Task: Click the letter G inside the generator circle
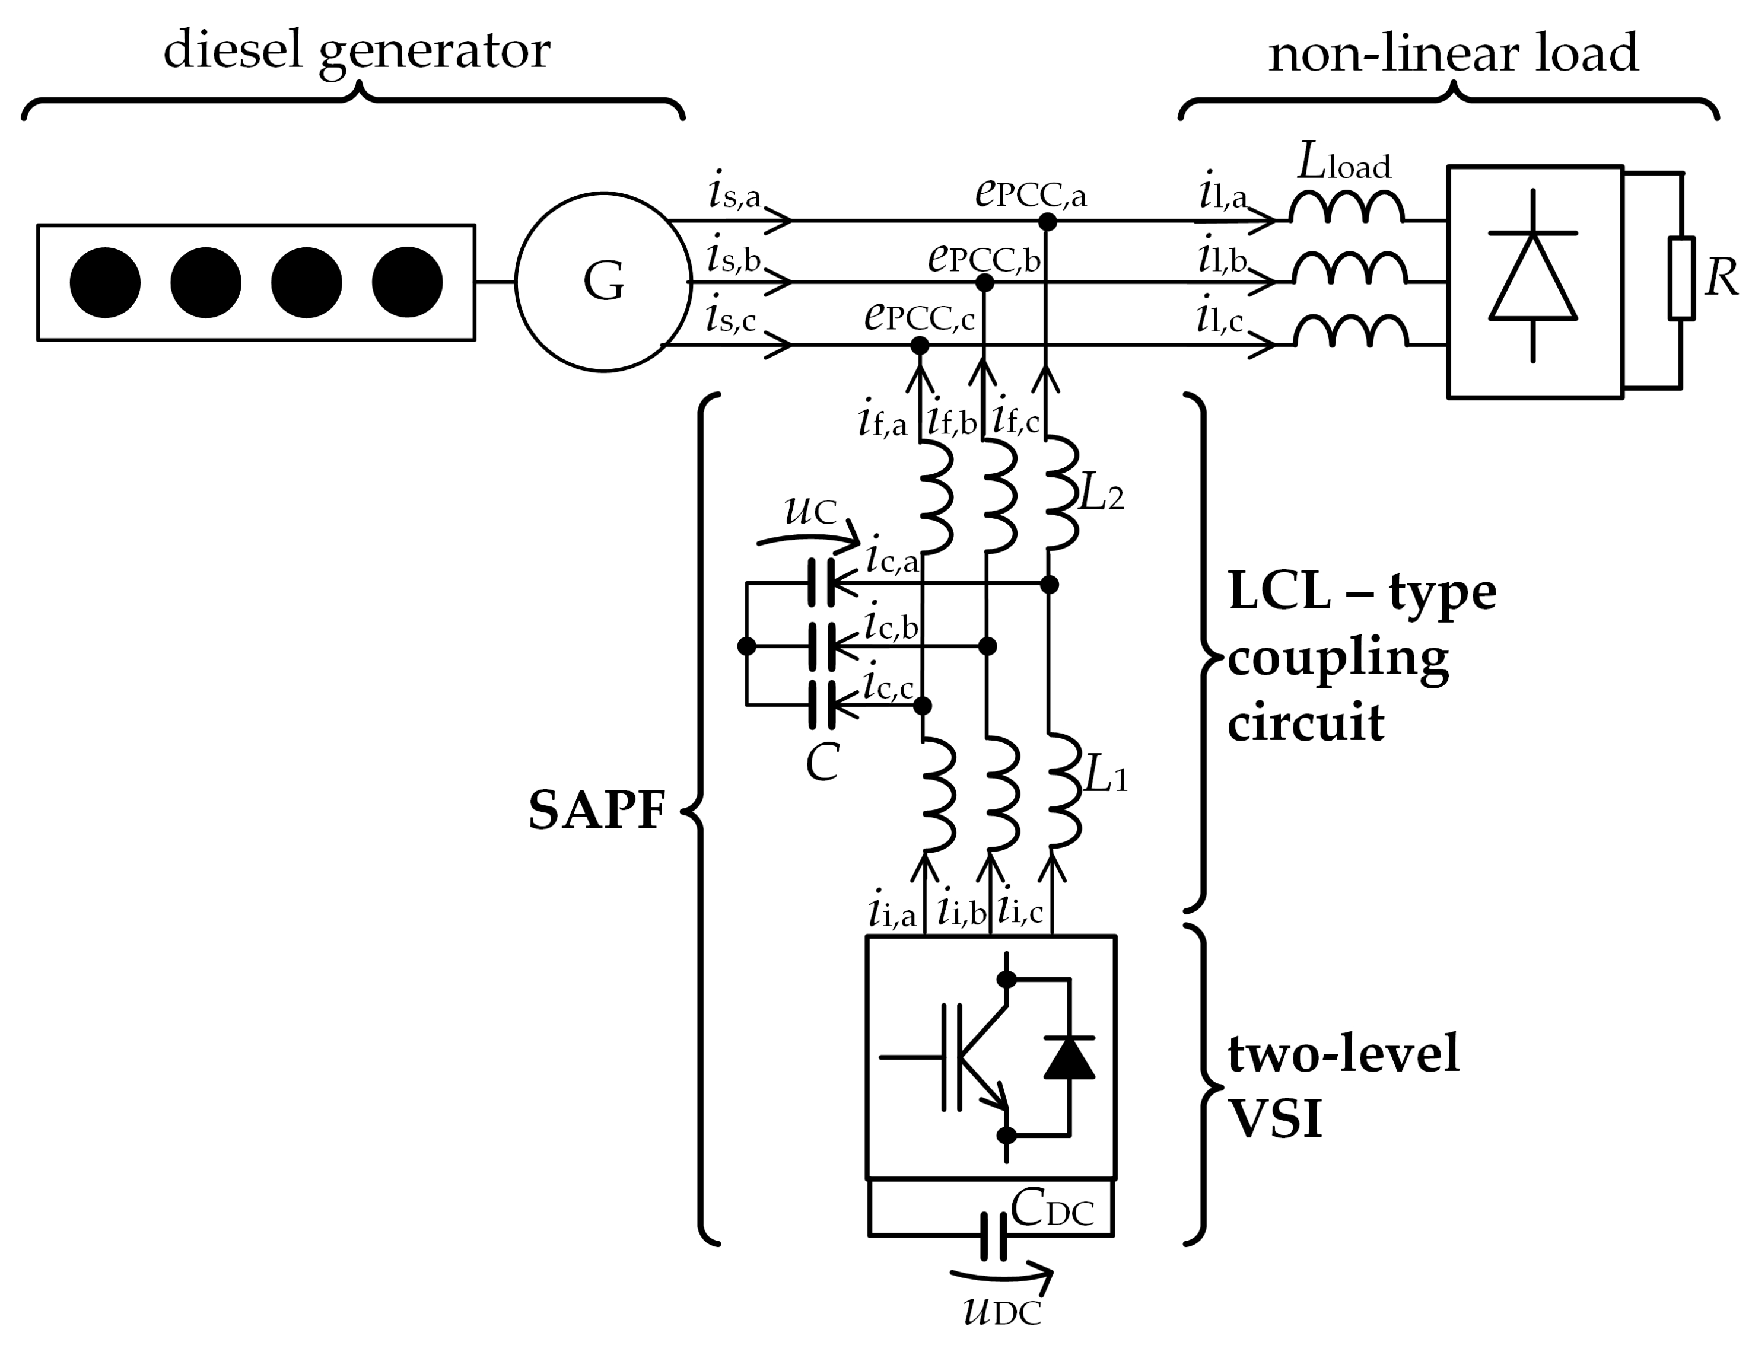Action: click(x=603, y=282)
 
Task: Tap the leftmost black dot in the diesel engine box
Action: click(x=105, y=282)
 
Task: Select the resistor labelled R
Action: click(x=1681, y=278)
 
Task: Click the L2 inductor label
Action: click(x=1101, y=496)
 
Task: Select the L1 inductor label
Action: click(x=1105, y=777)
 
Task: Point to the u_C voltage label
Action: click(x=810, y=509)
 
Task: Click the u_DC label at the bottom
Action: click(x=1002, y=1311)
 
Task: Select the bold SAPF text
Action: click(x=597, y=810)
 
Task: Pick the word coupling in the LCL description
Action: click(x=1338, y=659)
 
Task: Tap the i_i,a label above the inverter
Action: click(x=891, y=913)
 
